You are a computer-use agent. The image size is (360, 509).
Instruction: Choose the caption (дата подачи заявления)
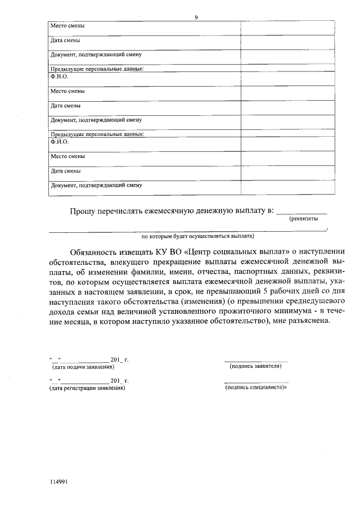click(82, 366)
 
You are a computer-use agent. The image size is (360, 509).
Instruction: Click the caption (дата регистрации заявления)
click(87, 388)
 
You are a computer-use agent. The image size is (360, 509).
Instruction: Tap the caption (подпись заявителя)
click(256, 366)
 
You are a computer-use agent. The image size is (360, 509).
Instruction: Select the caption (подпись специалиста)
click(256, 388)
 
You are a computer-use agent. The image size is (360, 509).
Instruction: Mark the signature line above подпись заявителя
click(256, 361)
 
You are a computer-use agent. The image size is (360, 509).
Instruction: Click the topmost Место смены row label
click(68, 26)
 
